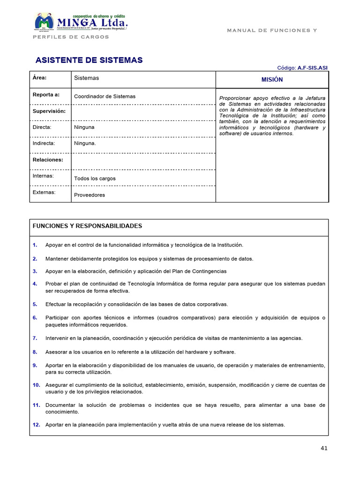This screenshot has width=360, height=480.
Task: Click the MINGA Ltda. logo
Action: [81, 22]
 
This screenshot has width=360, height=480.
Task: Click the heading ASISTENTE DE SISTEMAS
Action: [89, 60]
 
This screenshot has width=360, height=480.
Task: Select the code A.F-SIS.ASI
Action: [313, 68]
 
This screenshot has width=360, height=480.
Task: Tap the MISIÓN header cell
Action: [272, 80]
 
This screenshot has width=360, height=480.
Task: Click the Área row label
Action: [40, 78]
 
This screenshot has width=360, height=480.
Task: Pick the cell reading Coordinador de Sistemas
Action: [105, 97]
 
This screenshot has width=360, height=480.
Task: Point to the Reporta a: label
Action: [46, 95]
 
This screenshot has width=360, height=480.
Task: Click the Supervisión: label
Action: [49, 111]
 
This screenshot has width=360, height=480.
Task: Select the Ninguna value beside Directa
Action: [84, 127]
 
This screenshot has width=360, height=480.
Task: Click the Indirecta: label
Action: [44, 143]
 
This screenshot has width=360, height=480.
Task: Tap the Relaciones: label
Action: [48, 160]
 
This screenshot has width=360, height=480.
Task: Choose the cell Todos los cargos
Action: [95, 179]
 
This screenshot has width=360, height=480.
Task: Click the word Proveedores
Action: [90, 195]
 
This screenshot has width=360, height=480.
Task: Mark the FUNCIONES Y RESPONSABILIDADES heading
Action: [87, 226]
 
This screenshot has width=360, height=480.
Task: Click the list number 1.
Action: [35, 245]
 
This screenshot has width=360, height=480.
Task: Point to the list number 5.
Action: [35, 304]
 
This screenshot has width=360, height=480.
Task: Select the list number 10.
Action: [36, 385]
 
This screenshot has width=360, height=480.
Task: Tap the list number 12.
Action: [36, 425]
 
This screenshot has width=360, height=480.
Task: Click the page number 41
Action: [324, 448]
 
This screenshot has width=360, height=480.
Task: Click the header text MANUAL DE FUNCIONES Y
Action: [272, 30]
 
